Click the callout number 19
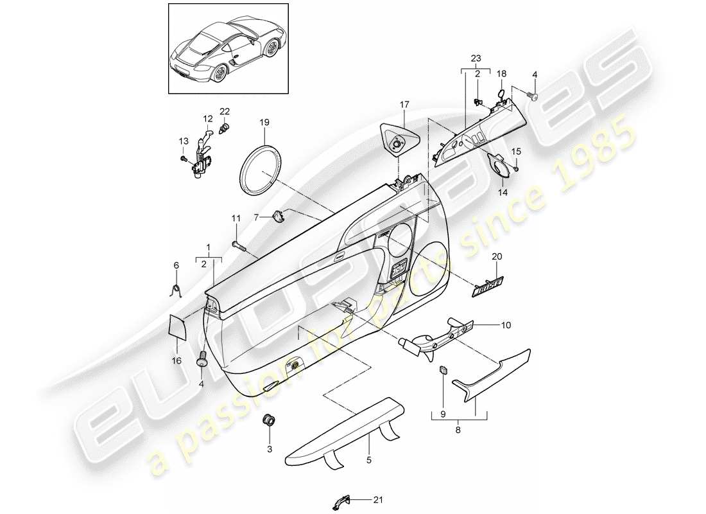pos(265,121)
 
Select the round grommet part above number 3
pos(270,421)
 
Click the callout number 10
pos(506,326)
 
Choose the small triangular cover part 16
pos(177,326)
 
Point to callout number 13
pos(182,141)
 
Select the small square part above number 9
pos(443,369)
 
